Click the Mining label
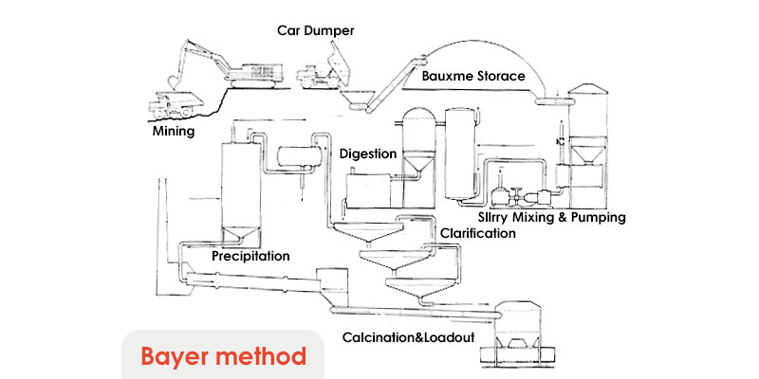point(174,131)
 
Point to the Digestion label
point(367,153)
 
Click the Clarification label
point(477,233)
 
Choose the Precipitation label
point(250,256)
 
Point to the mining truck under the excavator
point(175,99)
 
